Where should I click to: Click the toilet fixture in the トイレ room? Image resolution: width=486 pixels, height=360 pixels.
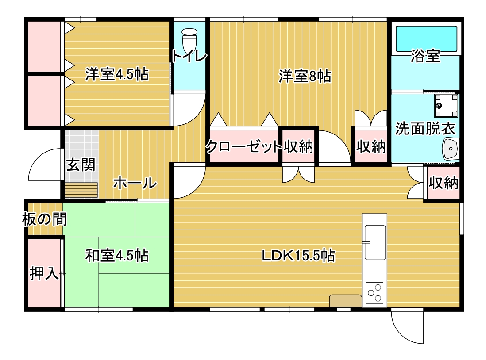tap(190, 40)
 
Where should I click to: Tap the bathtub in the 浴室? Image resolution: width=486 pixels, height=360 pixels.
tap(426, 39)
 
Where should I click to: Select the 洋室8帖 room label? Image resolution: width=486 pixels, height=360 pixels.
tap(305, 76)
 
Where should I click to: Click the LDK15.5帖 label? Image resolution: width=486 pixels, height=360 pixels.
tap(298, 256)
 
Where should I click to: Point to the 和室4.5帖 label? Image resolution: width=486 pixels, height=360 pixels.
tap(117, 256)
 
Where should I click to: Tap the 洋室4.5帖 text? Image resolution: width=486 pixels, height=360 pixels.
tap(117, 74)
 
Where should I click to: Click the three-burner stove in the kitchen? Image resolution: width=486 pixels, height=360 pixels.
tap(374, 293)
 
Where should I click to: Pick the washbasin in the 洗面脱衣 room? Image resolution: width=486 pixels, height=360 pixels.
tap(451, 149)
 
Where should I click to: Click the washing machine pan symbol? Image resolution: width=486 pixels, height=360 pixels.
tap(446, 106)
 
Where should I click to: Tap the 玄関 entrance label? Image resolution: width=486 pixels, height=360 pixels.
tap(81, 165)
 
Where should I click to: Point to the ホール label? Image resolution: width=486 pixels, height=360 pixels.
tap(135, 183)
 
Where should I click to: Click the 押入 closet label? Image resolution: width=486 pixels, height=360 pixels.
tap(44, 274)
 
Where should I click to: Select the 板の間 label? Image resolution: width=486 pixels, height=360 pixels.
tap(44, 219)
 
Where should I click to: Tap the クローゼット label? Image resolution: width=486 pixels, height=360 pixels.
tap(243, 146)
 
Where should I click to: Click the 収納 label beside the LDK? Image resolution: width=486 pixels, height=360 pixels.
tap(444, 183)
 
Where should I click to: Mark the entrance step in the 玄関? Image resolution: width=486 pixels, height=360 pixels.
tap(81, 190)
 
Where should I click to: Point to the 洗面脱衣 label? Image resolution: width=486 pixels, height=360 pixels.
tap(425, 129)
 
